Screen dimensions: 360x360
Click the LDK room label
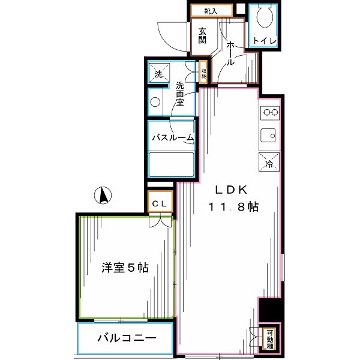(x=228, y=190)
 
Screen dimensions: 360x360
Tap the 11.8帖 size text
(x=234, y=207)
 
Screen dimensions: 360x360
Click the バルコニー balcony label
(x=127, y=338)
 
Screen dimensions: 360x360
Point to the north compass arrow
(x=103, y=196)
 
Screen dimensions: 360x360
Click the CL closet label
(x=160, y=203)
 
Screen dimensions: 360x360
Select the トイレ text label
(x=264, y=41)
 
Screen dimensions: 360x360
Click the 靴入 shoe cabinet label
(x=210, y=10)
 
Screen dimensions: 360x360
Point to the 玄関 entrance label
(x=202, y=36)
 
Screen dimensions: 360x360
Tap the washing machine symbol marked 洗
(x=159, y=74)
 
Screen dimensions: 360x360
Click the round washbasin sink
(x=155, y=101)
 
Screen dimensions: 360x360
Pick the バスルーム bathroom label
(x=173, y=138)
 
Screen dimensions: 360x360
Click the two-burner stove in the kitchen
(x=269, y=112)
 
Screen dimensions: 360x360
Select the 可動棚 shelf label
(x=270, y=338)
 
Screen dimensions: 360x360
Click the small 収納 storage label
(x=204, y=71)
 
